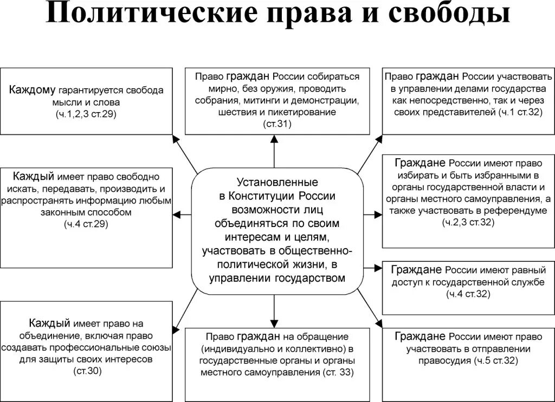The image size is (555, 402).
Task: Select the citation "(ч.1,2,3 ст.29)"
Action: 86,114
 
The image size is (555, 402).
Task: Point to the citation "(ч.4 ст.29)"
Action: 86,224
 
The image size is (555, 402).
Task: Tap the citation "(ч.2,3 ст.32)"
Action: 468,222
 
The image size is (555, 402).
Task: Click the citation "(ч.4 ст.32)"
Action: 468,294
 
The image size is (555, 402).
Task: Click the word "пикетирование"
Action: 309,112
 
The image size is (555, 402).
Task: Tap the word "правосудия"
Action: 445,361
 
